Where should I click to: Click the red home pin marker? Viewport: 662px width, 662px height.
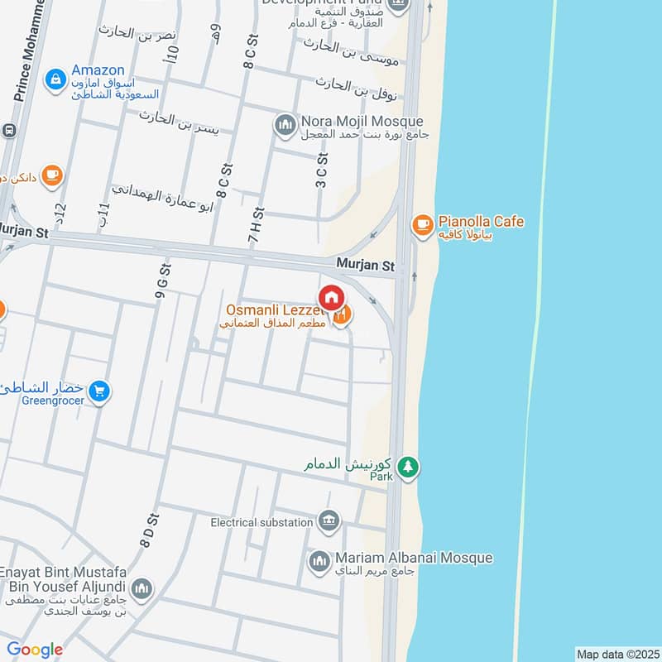[x=331, y=297]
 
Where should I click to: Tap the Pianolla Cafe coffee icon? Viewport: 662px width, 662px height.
[x=422, y=223]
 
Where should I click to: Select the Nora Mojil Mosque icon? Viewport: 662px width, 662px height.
[x=285, y=124]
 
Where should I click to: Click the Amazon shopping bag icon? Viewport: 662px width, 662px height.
[x=55, y=79]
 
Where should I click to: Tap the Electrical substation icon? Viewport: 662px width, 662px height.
[x=329, y=521]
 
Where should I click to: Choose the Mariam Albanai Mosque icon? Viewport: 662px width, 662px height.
[x=319, y=562]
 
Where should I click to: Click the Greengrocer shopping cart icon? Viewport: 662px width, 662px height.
[x=100, y=391]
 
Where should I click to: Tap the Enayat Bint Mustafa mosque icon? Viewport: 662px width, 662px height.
[x=142, y=588]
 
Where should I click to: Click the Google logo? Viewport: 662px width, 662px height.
[x=35, y=650]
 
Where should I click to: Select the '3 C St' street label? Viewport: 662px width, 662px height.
[x=322, y=170]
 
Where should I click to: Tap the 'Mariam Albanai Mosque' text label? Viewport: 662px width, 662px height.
[x=414, y=558]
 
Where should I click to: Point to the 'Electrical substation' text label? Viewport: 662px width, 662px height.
[x=261, y=522]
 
